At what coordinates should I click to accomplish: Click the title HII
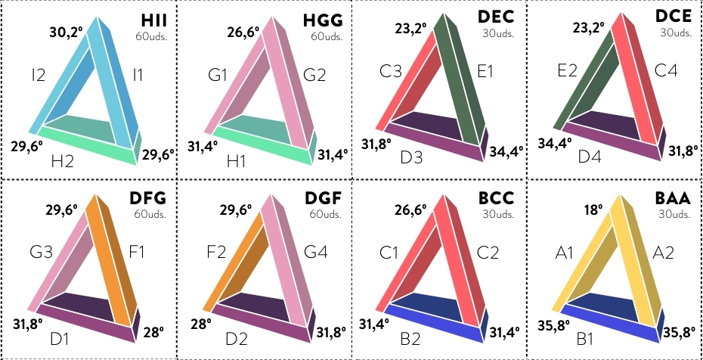[153, 20]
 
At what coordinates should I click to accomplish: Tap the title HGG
[323, 20]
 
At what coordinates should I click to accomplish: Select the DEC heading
[496, 17]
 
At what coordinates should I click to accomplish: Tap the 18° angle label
[593, 209]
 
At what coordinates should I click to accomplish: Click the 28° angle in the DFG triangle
[153, 332]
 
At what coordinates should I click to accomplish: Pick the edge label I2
[39, 74]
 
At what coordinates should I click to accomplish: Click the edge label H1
[237, 160]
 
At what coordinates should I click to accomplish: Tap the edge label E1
[485, 71]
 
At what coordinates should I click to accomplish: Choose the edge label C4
[666, 70]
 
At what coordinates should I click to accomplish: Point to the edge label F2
[215, 253]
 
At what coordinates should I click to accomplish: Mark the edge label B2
[410, 339]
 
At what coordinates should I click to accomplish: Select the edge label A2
[663, 253]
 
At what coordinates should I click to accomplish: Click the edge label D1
[59, 339]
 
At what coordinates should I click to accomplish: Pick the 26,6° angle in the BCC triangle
[410, 209]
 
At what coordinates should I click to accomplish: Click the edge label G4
[316, 252]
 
